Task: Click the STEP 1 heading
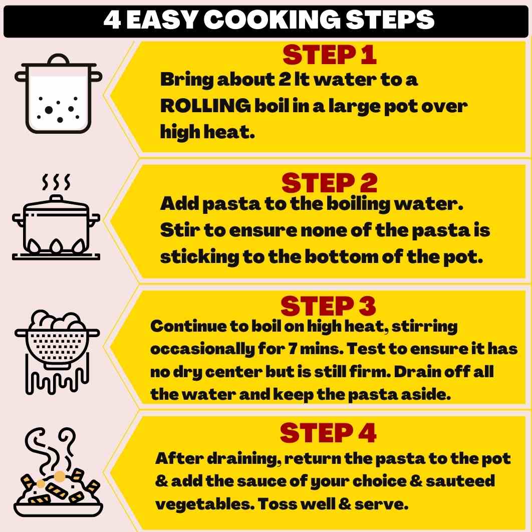pos(330,55)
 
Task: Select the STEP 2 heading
pos(329,183)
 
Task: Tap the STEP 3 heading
pos(328,306)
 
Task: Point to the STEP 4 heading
pos(328,433)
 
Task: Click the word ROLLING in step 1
pos(205,106)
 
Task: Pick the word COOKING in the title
pos(272,20)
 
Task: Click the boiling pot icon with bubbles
pos(58,93)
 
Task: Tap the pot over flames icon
pos(56,217)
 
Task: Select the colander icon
pos(57,352)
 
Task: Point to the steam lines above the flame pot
pos(56,182)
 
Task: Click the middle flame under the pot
pos(56,246)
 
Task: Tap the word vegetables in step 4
pos(205,504)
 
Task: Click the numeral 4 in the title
pos(112,20)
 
